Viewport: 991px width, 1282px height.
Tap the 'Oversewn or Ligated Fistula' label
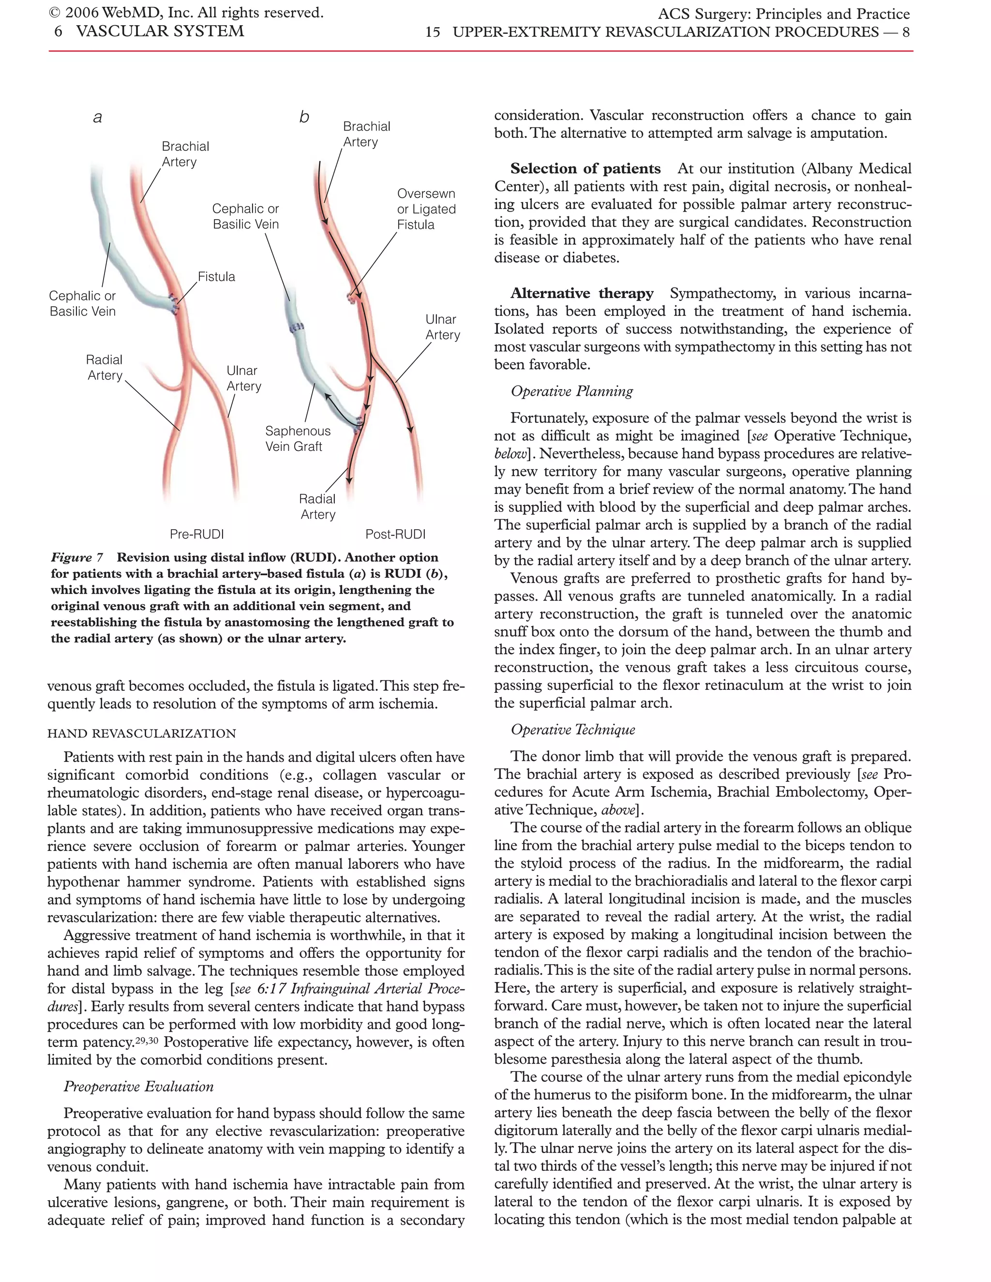click(426, 209)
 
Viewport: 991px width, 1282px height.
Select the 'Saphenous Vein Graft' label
click(298, 438)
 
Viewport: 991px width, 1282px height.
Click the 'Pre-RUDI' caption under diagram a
click(196, 534)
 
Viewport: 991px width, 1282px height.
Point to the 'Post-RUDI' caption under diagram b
click(395, 534)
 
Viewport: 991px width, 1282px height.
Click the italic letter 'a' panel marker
click(97, 118)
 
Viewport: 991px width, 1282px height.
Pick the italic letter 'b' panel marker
click(303, 118)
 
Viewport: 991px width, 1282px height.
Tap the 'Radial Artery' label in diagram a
click(105, 368)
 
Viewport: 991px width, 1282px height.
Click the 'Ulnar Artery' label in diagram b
click(442, 327)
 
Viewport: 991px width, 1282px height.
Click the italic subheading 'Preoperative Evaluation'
click(138, 1086)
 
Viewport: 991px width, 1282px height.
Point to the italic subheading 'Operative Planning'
click(572, 391)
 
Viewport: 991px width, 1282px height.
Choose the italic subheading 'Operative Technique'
click(573, 730)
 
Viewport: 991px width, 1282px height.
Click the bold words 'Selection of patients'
click(586, 169)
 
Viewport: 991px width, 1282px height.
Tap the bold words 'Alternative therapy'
click(581, 294)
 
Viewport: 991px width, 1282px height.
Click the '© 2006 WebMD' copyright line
click(186, 12)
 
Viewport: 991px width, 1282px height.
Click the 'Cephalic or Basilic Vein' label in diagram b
click(245, 217)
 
